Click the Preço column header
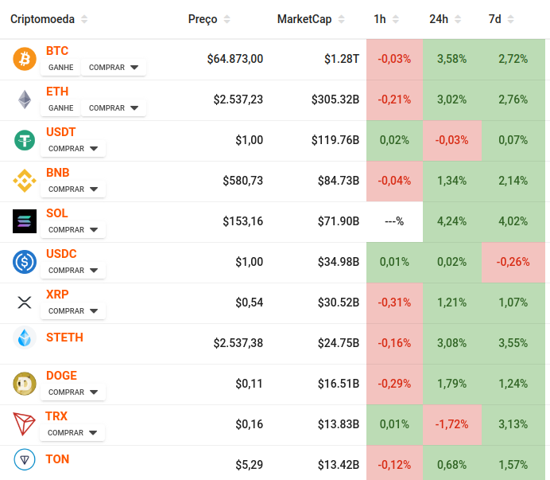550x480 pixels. click(x=203, y=19)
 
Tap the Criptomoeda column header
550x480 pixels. click(x=42, y=19)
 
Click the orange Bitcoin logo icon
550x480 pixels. click(x=25, y=59)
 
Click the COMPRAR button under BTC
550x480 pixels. click(x=114, y=68)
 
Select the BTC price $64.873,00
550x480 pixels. click(x=234, y=59)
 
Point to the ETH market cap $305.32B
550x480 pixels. click(x=335, y=100)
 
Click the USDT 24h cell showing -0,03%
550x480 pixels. click(x=451, y=140)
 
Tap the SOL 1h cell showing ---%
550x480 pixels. click(x=394, y=221)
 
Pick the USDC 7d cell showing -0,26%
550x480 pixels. click(x=513, y=262)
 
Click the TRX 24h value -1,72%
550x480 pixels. click(x=451, y=424)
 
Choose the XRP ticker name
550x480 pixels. click(x=57, y=295)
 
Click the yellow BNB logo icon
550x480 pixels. click(x=25, y=181)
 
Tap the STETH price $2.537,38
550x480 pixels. click(x=238, y=343)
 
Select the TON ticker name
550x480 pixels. click(x=57, y=459)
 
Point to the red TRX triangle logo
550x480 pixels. click(x=25, y=424)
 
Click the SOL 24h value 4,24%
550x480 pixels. click(x=451, y=221)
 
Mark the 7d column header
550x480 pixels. click(x=494, y=19)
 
